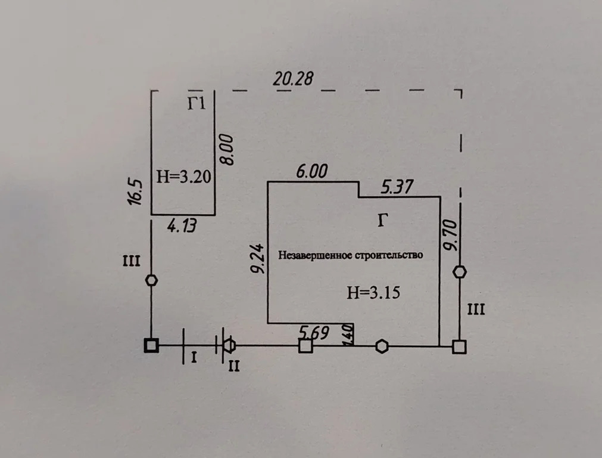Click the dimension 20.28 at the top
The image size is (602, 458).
pos(293,79)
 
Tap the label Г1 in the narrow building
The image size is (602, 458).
pos(196,103)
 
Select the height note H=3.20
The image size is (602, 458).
pos(183,177)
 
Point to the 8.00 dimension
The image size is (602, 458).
pos(227,150)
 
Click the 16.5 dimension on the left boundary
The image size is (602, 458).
pos(136,192)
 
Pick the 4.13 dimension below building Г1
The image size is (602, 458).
pos(182,226)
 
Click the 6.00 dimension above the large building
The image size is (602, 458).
pos(312,172)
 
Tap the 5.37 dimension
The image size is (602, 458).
pos(397,187)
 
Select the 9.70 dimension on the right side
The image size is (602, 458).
pos(451,236)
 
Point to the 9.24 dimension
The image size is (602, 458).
pos(258,258)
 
